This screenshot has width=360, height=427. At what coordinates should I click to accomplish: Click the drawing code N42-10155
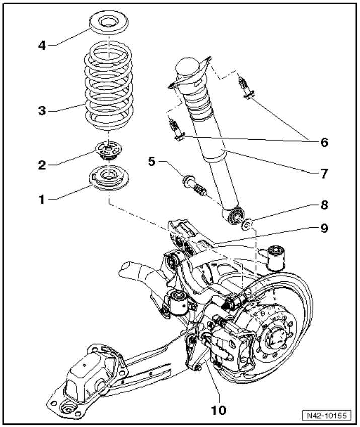point(328,415)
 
